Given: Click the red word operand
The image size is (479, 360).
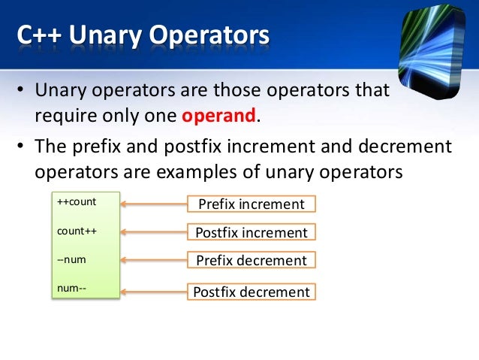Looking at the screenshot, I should coord(219,116).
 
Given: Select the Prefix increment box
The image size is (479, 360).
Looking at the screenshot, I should coord(251,204).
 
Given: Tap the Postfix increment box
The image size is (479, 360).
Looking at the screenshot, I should coord(251,232).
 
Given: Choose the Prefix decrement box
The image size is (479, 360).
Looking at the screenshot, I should coord(251,261).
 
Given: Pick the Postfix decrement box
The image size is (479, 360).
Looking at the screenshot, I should coord(251,292).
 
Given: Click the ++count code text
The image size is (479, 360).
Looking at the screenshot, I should coord(77,202).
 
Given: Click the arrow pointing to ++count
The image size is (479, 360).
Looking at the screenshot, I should coord(153,204).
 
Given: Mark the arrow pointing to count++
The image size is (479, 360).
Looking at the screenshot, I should coord(153,232).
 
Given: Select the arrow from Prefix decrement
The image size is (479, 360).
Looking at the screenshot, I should coord(153,261).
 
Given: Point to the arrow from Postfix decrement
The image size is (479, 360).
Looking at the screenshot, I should coord(153,291).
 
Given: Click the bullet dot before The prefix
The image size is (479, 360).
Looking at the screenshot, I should coord(21,146).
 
